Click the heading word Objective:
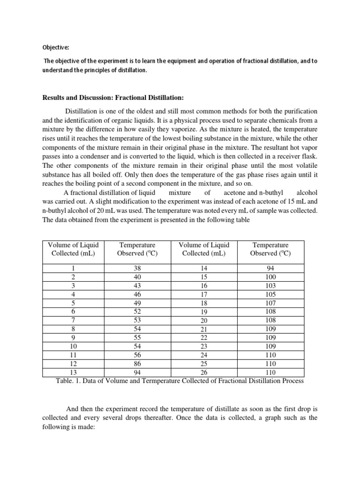pos(55,47)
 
